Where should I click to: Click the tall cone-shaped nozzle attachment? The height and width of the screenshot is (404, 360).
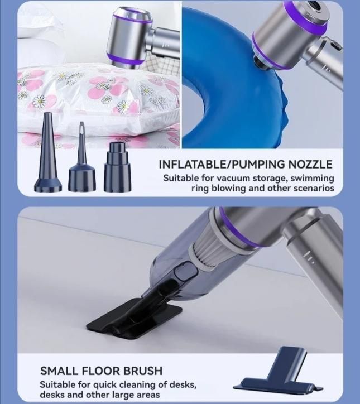click(48, 155)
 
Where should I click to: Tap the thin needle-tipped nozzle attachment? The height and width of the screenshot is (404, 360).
click(82, 160)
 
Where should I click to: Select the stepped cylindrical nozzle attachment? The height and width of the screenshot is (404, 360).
click(118, 167)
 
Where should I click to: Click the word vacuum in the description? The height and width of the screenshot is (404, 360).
click(229, 178)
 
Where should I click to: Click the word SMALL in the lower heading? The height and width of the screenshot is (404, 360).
click(59, 371)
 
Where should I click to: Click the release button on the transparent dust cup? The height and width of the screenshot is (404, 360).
click(186, 272)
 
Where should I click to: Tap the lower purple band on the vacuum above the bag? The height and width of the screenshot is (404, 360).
click(126, 60)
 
